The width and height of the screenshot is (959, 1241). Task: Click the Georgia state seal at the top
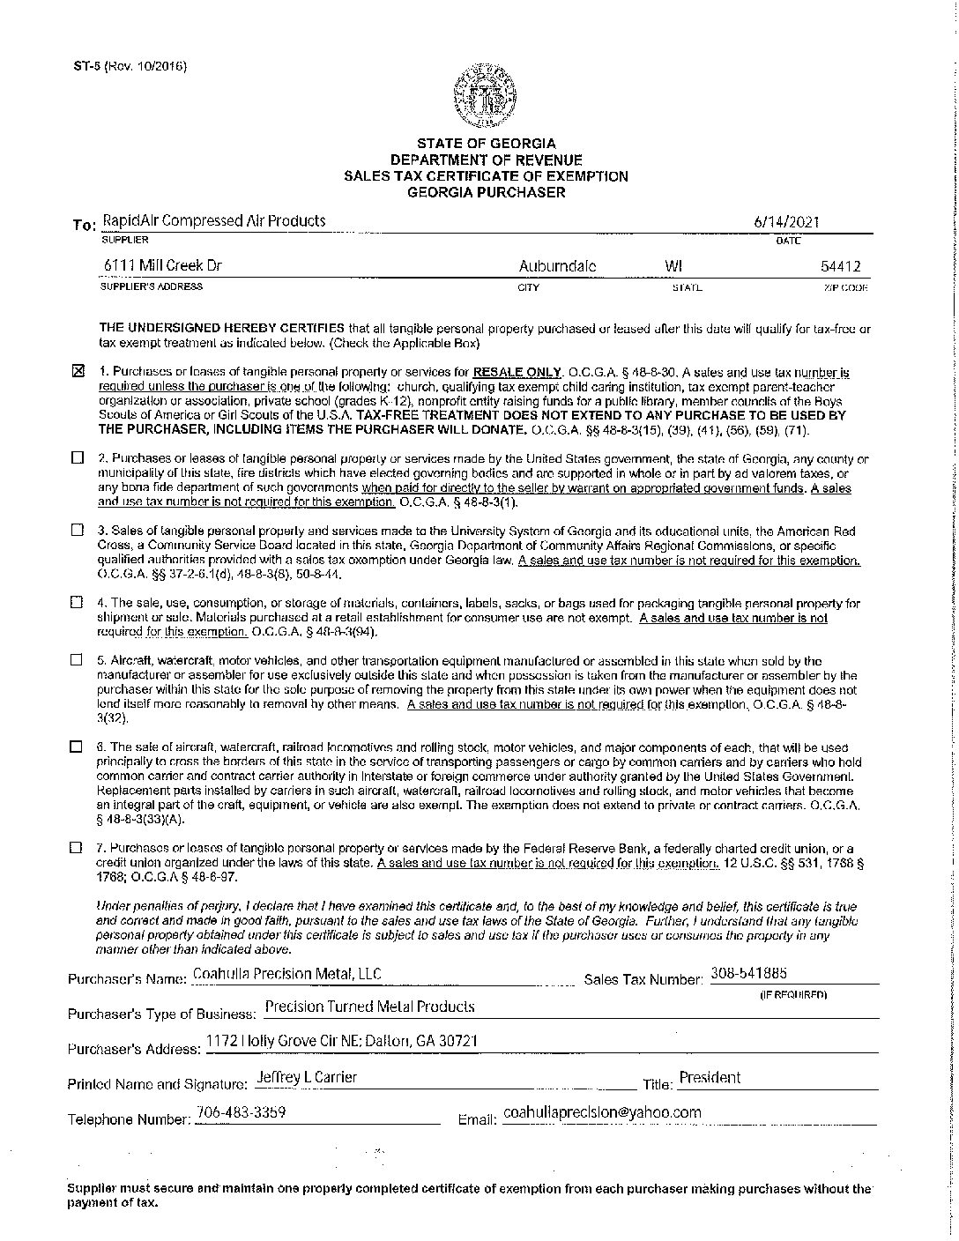486,96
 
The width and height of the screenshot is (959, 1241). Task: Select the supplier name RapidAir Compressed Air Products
214,221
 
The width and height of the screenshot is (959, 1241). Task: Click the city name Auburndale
557,265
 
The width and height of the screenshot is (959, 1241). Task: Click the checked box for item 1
77,372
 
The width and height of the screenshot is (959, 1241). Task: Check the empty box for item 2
77,459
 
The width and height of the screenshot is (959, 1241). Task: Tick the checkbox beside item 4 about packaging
77,604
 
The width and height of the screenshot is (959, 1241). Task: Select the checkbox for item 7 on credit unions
77,847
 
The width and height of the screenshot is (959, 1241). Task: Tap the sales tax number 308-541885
748,949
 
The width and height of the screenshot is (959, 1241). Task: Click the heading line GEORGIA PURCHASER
486,191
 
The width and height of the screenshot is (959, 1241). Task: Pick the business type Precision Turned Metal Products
369,982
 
